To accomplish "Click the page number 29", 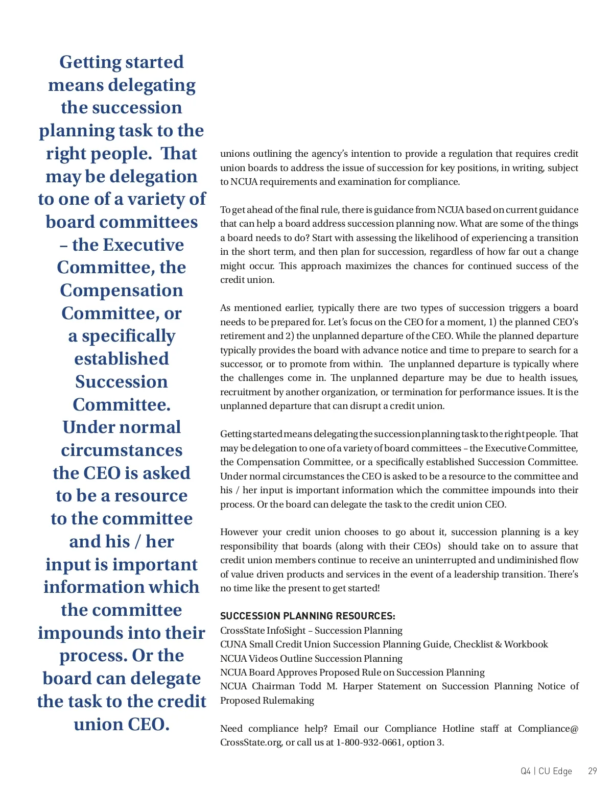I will pos(592,771).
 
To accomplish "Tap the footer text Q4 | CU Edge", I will pos(546,771).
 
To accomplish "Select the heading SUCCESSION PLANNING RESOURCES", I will pos(308,616).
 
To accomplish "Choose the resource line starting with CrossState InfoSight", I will pos(311,630).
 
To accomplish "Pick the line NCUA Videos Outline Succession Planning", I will pos(311,658).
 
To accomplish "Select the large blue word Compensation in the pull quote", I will pos(122,290).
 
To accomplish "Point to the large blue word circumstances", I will pos(122,450).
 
